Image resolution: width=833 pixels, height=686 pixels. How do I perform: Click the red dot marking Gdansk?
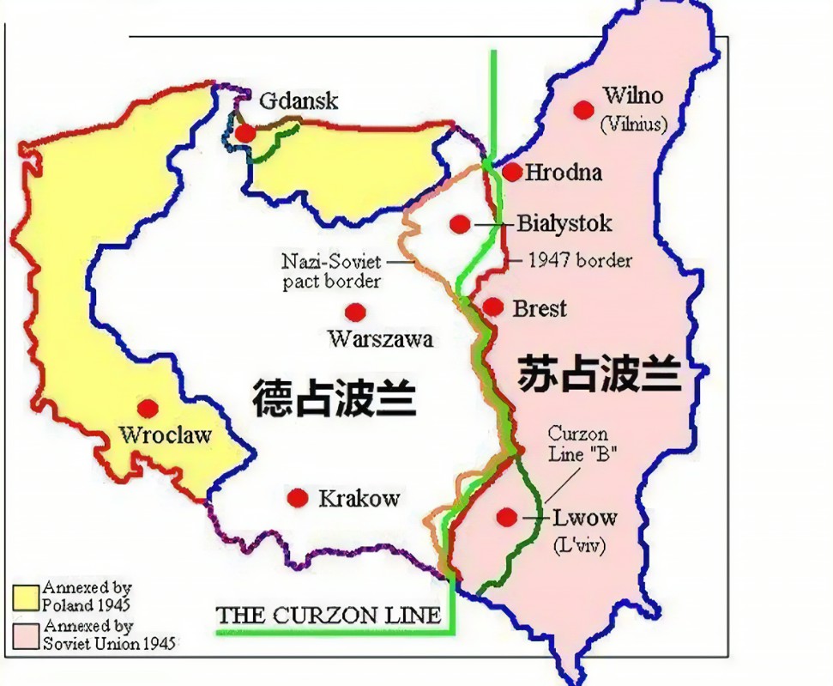coord(245,133)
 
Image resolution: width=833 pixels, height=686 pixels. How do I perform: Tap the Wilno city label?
coord(632,95)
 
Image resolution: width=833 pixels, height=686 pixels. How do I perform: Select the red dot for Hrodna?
coord(512,173)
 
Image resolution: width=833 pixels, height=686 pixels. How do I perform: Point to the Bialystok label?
coord(564,224)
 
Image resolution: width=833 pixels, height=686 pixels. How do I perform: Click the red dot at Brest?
coord(492,307)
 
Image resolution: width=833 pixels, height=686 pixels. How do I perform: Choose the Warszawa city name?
coord(380,339)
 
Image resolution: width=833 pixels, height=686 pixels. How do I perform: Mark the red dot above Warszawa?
coord(353,312)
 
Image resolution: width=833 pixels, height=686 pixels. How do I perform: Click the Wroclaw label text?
coord(166,434)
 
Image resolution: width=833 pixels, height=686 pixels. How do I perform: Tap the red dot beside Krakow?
coord(298,498)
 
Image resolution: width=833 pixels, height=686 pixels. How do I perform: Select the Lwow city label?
coord(585,518)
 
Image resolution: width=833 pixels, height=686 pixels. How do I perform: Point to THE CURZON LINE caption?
coord(329,615)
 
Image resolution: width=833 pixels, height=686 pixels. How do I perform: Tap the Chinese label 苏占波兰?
coord(600,376)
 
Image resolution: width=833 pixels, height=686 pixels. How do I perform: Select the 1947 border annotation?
coord(580,260)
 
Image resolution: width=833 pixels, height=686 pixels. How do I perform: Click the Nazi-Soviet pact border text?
coord(331,270)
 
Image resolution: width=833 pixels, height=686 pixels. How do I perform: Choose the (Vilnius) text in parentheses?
coord(633,124)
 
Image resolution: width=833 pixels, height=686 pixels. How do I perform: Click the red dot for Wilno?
coord(584,109)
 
